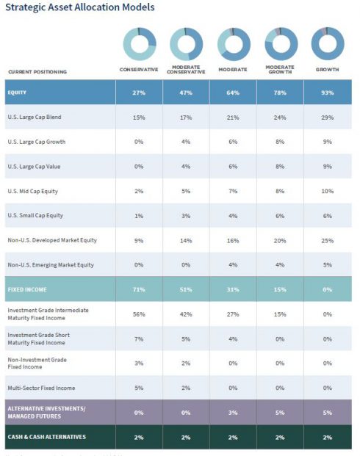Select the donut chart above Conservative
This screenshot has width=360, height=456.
coord(139,43)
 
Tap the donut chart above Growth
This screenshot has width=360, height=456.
coord(327,43)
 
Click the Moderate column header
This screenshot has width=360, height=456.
coord(233,71)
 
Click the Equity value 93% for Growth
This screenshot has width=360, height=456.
coord(327,93)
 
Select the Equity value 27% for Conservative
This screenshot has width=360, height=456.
coord(139,93)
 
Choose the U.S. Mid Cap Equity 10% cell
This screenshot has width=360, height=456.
coord(327,192)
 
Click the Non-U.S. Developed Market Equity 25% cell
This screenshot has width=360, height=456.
coord(327,241)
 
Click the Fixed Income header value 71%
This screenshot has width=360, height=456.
coord(139,289)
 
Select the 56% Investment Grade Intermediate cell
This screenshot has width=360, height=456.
coord(139,314)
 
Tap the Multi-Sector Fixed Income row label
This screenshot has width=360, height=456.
coord(41,388)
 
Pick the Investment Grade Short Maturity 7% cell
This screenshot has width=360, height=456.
coord(139,339)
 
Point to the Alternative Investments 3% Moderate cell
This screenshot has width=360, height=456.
coord(233,413)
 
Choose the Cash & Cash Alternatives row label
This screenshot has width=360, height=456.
coord(46,437)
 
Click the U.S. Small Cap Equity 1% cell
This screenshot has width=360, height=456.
coord(139,216)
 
